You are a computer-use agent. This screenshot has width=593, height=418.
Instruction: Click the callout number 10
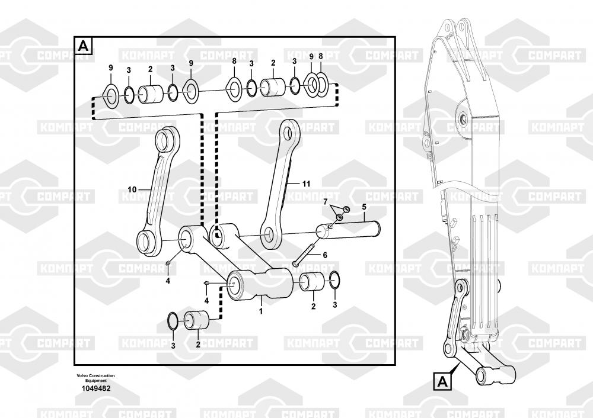[132, 189]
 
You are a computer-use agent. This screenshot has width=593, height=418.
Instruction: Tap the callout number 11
[306, 184]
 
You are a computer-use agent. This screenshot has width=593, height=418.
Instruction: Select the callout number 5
[364, 207]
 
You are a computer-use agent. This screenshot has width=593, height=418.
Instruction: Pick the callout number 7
[325, 202]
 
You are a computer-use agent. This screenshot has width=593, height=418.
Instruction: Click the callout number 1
[261, 309]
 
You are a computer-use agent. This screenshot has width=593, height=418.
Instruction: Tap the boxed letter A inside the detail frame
[84, 45]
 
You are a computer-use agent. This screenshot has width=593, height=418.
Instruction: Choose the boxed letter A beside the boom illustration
[442, 382]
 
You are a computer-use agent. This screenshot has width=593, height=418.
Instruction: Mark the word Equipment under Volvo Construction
[95, 380]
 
